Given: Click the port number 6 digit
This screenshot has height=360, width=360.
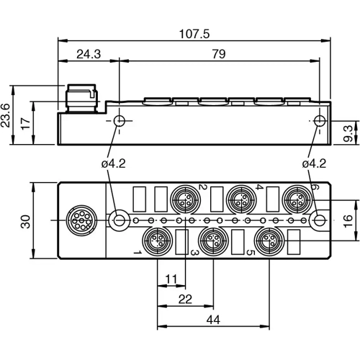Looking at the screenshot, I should pos(314,188).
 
